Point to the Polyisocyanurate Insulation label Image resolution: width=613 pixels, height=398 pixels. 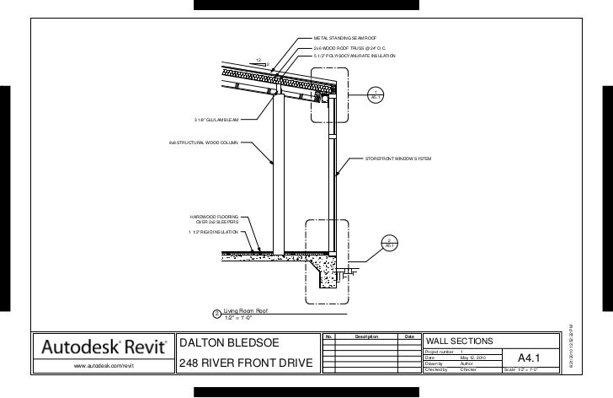(x=354, y=56)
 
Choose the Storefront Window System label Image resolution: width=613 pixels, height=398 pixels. (x=397, y=158)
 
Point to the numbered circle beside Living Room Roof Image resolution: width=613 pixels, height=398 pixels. (x=216, y=315)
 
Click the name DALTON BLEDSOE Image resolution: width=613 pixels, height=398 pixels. (x=227, y=344)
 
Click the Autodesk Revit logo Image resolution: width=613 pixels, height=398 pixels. (x=99, y=347)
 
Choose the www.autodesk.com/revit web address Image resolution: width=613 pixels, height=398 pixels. (x=99, y=365)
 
